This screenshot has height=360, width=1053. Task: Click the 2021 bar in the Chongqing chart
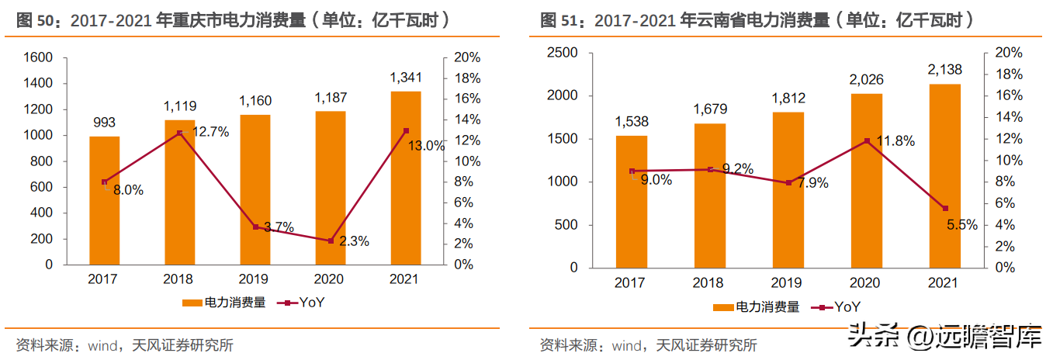406,178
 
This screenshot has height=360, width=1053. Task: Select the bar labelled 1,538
632,202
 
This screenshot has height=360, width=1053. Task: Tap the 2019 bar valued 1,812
788,190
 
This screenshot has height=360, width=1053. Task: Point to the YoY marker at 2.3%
331,241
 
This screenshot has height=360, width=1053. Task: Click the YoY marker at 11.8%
867,141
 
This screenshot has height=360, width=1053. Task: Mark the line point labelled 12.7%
179,133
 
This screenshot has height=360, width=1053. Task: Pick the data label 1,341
406,78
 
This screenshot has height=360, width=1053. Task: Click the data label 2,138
945,70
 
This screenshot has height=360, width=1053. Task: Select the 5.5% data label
961,225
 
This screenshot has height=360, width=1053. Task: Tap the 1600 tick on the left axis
38,57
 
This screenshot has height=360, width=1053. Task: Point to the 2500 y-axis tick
563,53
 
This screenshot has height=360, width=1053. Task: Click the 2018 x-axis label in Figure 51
708,282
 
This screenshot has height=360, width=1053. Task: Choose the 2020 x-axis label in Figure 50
328,279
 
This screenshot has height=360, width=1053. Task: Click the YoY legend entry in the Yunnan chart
836,307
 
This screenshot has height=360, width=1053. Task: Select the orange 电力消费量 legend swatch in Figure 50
192,303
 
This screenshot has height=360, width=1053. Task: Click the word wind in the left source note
103,346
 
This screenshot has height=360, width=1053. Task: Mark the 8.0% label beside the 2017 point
128,190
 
